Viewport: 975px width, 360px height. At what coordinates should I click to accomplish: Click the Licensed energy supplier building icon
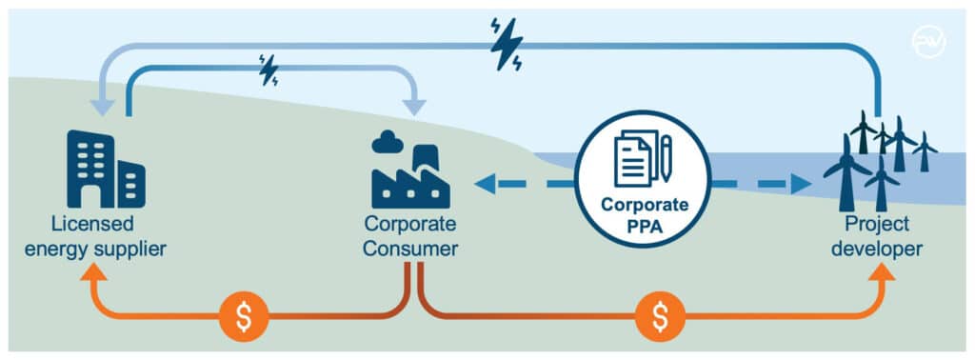click(106, 170)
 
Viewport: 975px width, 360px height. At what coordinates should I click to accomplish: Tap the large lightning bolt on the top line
click(506, 43)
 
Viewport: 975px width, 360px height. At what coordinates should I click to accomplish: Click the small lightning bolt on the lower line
click(269, 70)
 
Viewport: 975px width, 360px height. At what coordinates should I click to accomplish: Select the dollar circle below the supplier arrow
click(244, 317)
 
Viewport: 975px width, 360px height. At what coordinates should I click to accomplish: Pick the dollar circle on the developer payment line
click(660, 317)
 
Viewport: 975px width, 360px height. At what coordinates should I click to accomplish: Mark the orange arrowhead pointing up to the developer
click(882, 273)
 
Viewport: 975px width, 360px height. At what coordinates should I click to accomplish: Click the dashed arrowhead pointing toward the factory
click(485, 183)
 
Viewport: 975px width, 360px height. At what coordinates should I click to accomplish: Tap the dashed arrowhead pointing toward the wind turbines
click(802, 183)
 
